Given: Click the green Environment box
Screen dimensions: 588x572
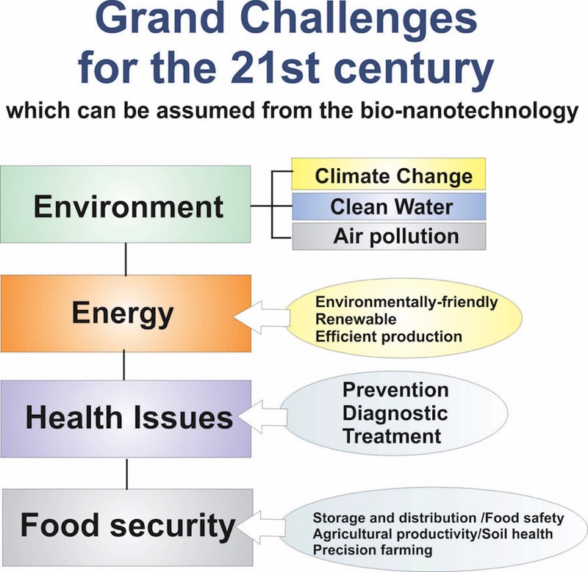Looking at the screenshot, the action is (125, 204).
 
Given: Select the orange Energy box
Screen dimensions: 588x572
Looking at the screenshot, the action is (126, 314).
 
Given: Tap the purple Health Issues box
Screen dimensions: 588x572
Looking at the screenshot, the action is (126, 419).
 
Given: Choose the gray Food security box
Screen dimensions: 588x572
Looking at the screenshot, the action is (128, 527).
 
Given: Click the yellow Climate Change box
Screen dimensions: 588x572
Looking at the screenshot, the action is (389, 174).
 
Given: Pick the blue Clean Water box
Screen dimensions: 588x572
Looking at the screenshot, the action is (389, 206).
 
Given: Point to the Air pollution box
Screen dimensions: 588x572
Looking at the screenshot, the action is (389, 236).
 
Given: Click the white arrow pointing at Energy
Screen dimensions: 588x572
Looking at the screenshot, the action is (262, 318).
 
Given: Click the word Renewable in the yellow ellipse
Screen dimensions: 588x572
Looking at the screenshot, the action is (356, 319).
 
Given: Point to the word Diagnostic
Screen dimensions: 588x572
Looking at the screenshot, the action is (395, 413).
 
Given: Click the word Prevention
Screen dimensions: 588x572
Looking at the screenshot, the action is (395, 390).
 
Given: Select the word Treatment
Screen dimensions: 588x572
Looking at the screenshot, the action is (392, 436).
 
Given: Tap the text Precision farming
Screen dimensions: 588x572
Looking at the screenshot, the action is (373, 550).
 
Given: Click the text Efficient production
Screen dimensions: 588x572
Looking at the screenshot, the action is (389, 336).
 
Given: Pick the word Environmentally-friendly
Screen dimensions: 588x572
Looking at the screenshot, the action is (406, 302).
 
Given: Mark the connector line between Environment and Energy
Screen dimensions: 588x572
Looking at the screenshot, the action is (126, 259).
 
